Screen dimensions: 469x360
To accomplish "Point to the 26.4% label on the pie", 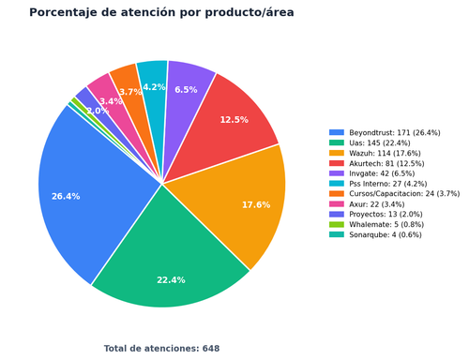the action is tap(66, 197).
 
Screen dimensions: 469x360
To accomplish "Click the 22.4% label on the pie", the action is tap(171, 280).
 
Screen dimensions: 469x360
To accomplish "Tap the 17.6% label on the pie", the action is tap(256, 205).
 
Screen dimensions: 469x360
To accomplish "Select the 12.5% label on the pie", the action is tap(234, 120).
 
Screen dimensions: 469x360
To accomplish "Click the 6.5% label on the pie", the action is tap(186, 90).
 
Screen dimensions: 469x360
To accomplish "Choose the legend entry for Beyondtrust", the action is tap(385, 133).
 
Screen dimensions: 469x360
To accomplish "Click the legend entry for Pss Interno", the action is tap(378, 184).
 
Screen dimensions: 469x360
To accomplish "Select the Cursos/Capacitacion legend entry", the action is tap(394, 194).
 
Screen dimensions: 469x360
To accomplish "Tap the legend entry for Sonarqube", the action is tap(375, 234).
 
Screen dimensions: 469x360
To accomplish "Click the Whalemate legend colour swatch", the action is tap(337, 224).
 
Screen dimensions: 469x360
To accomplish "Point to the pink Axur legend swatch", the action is tap(337, 204).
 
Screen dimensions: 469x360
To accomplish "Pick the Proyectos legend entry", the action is tap(376, 215).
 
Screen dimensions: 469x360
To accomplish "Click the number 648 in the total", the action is tap(211, 349).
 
